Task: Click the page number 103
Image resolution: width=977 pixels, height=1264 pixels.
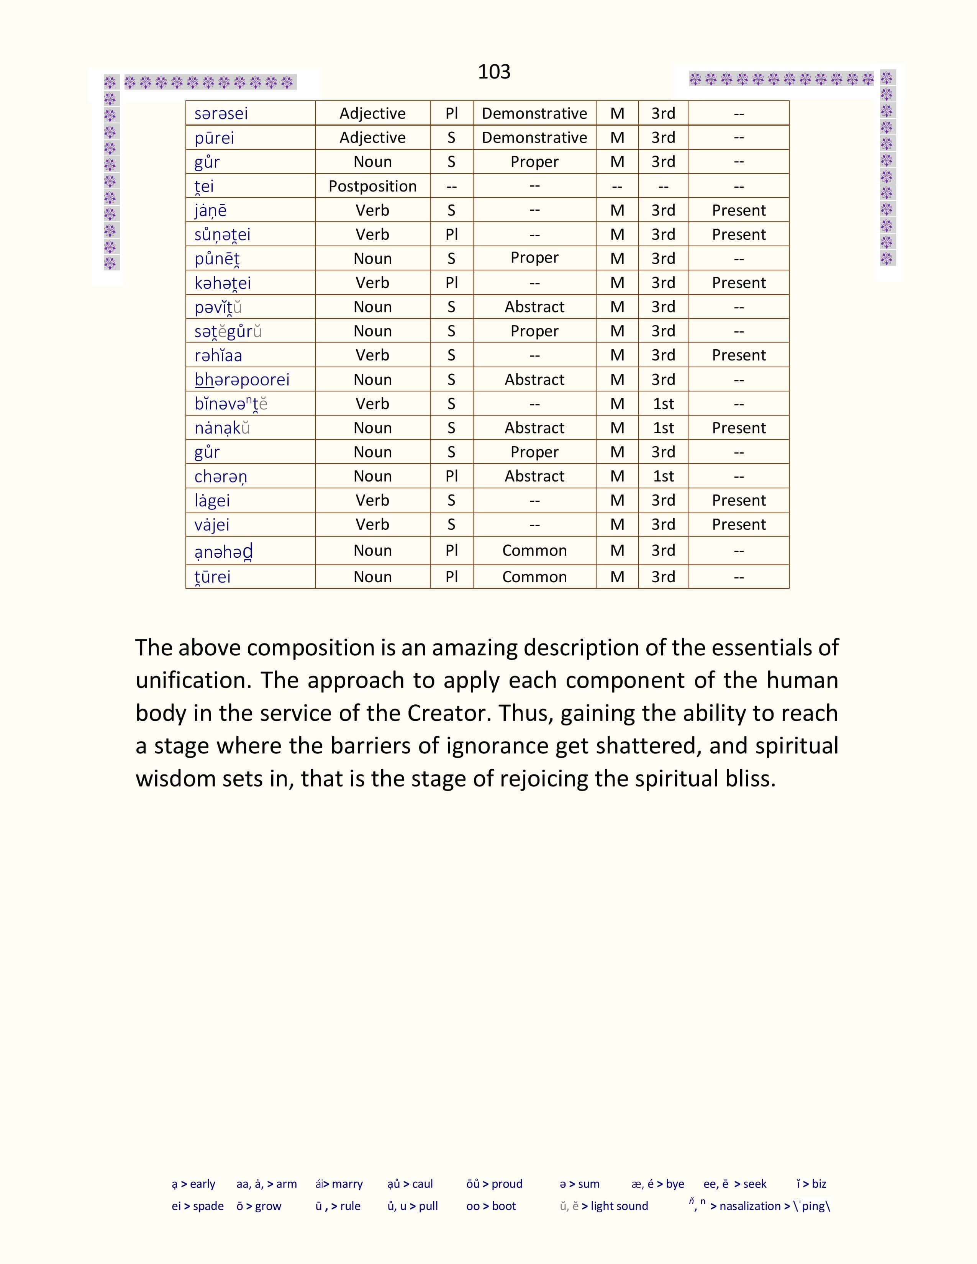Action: coord(494,72)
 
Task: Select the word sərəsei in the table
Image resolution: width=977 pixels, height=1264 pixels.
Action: coord(221,113)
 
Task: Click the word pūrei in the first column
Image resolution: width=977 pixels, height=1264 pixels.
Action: coord(214,138)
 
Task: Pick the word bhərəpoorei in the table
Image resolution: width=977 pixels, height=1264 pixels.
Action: coord(242,380)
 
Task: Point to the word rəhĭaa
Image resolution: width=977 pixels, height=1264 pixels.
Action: coord(218,355)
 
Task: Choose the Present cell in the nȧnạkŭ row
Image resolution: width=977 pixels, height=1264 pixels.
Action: coord(739,428)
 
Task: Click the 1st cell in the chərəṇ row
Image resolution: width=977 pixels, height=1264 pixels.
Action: coord(663,476)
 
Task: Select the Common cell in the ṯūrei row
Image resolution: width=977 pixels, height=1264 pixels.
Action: coord(534,577)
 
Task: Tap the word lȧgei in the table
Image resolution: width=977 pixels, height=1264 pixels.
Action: coord(212,501)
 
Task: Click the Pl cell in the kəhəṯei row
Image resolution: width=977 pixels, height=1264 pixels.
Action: coord(451,283)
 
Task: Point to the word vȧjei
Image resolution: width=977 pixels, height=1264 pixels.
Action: coord(212,525)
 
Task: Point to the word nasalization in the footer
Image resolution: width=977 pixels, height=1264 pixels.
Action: coord(750,1206)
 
